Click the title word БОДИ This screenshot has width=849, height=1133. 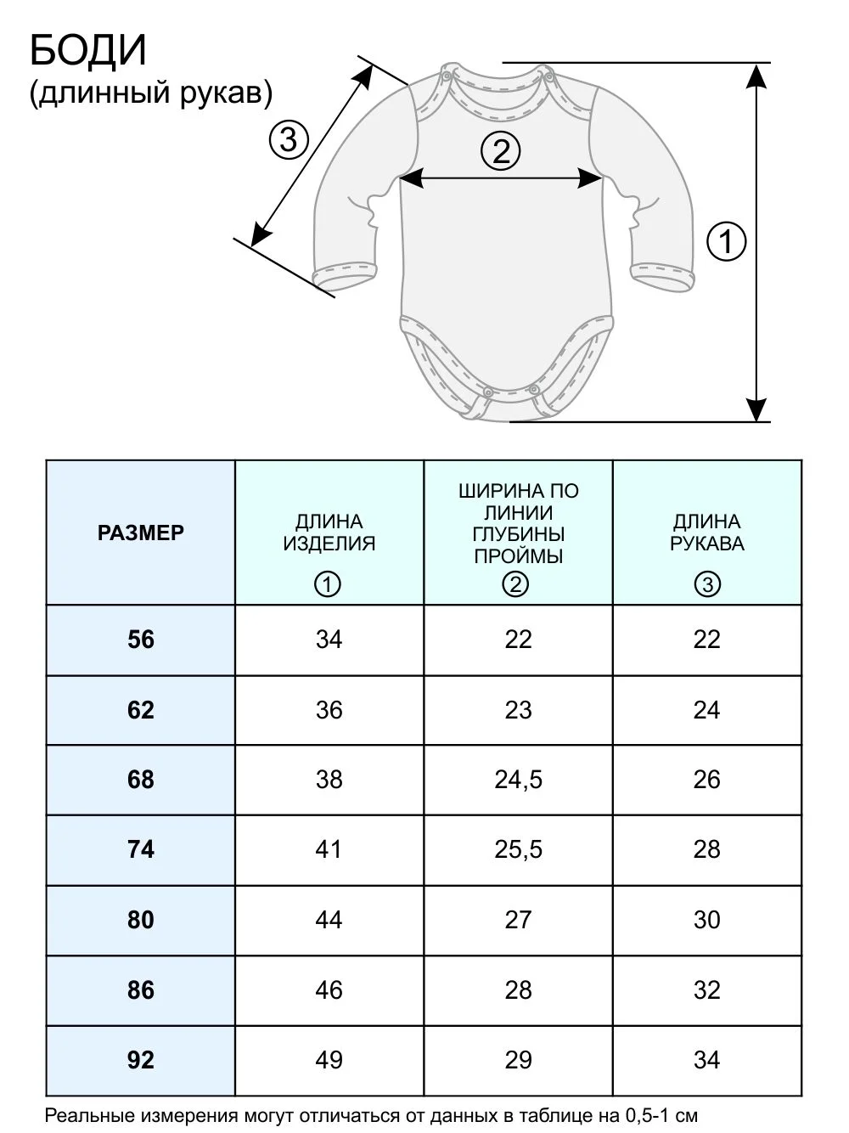(x=88, y=51)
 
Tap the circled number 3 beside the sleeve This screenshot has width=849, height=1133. (x=289, y=140)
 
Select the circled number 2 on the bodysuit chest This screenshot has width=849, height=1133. (x=500, y=151)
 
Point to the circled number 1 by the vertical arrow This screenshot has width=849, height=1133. (x=726, y=241)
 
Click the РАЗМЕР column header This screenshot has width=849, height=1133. (x=141, y=533)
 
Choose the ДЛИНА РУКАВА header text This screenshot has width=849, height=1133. (x=707, y=533)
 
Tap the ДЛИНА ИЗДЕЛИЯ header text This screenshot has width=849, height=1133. (x=329, y=533)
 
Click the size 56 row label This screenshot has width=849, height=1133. (x=141, y=640)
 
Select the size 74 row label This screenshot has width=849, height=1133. (x=141, y=849)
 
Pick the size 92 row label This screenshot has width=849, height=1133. (x=141, y=1060)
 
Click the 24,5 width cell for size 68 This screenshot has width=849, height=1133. (x=519, y=780)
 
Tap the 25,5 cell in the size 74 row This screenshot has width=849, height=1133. (x=519, y=849)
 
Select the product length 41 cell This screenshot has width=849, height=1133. (x=329, y=849)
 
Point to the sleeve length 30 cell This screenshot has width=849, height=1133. (x=706, y=920)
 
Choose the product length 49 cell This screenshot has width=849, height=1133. (x=329, y=1060)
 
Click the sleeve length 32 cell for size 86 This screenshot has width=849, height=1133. (x=706, y=990)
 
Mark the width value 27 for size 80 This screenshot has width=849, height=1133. (x=518, y=920)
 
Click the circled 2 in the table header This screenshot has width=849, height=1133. (x=516, y=584)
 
